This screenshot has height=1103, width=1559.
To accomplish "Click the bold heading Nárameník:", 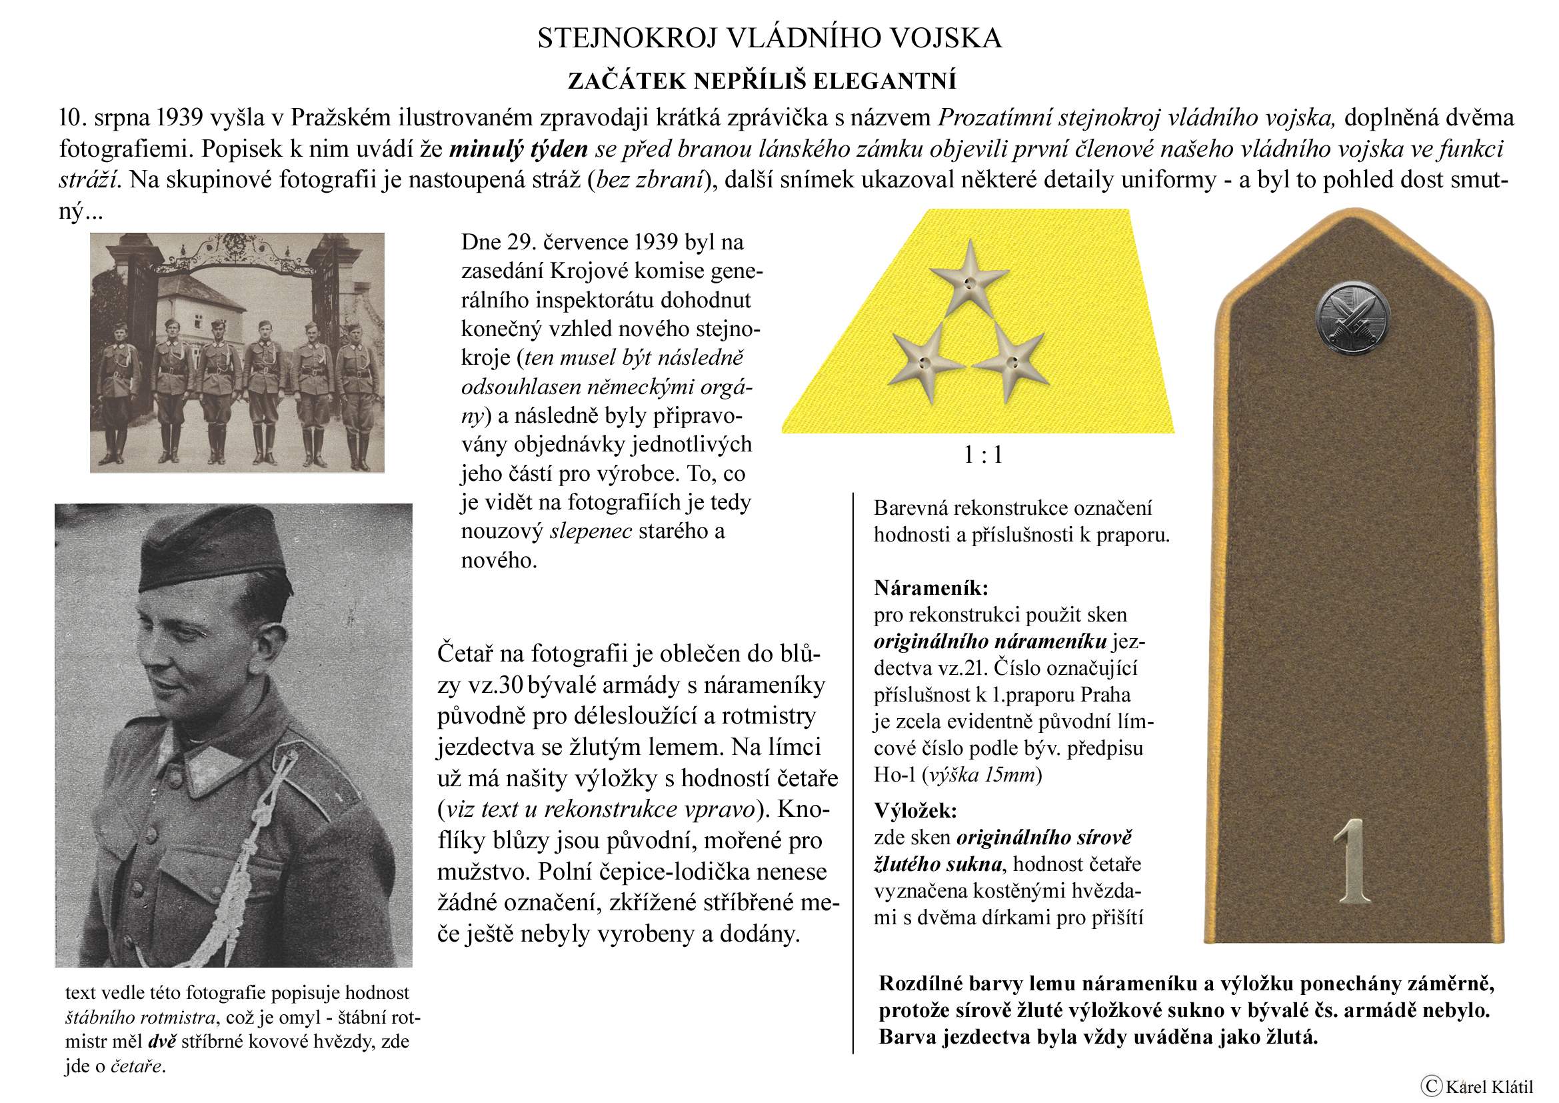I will click(931, 587).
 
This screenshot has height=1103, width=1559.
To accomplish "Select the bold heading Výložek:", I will click(915, 810).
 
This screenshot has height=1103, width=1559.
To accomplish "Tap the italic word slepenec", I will click(590, 531).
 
